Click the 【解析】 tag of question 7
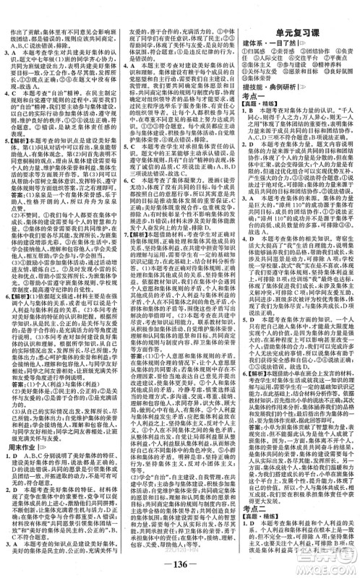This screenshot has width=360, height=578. tap(137, 230)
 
